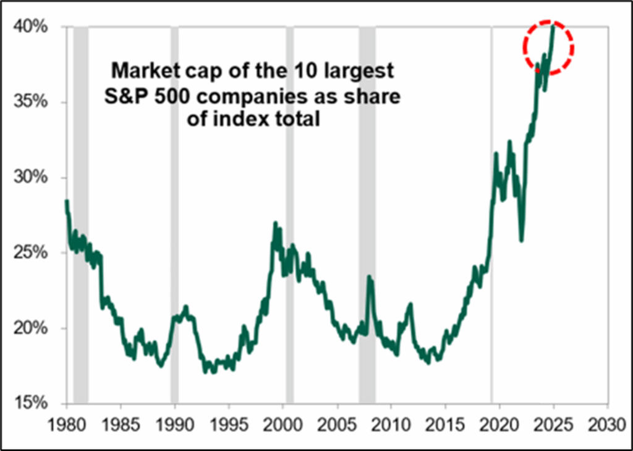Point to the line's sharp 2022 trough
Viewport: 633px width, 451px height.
[x=522, y=240]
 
